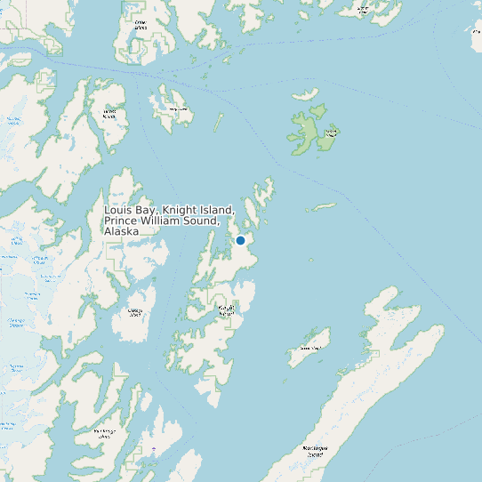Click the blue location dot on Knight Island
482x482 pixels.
tap(240, 240)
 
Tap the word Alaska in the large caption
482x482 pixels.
tap(121, 231)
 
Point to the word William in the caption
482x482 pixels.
tap(165, 221)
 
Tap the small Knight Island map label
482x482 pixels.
tap(227, 310)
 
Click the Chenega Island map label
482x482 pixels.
tap(135, 312)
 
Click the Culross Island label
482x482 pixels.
tap(109, 115)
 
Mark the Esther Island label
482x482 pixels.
tap(141, 25)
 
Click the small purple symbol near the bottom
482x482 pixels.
tap(153, 450)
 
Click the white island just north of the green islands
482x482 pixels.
tap(306, 94)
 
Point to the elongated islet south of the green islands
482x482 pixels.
tap(321, 208)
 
